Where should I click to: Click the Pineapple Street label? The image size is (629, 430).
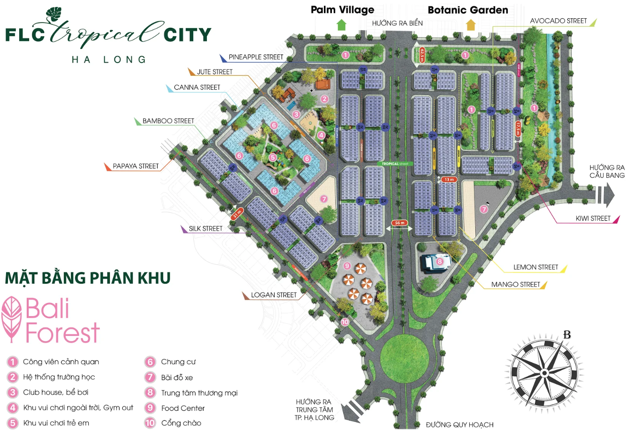pos(256,57)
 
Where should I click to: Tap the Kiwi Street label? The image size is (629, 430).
pos(593,218)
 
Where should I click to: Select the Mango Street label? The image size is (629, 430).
pos(515,284)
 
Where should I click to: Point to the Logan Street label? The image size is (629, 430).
pos(274,295)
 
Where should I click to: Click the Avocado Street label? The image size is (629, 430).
pos(558,21)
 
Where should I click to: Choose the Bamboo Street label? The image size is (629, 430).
pos(168,121)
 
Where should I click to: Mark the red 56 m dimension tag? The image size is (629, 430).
pos(400,223)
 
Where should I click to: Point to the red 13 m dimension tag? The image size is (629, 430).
pos(449,179)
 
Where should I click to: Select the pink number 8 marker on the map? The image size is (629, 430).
pos(440,261)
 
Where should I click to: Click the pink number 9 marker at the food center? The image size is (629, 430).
pos(347,266)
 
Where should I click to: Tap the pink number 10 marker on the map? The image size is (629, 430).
pos(345,322)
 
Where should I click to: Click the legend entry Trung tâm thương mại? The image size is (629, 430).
pos(199,393)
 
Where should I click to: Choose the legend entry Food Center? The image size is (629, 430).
pos(183,408)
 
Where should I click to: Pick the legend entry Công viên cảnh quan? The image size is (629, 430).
pos(61,362)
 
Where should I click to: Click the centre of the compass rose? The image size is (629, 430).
pos(544,373)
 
